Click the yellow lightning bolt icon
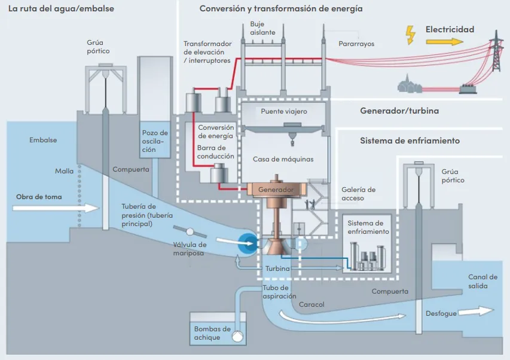pos(411,35)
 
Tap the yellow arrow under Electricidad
pos(444,42)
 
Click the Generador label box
pos(276,190)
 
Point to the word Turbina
pos(277,269)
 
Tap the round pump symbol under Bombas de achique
pos(239,337)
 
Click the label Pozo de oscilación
pos(155,141)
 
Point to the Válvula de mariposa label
pos(190,249)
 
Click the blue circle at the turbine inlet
pos(246,242)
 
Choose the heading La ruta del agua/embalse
pos(61,9)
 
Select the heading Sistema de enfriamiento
pos(410,141)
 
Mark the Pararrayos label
pos(357,44)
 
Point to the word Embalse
pos(43,140)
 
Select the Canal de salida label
pos(482,282)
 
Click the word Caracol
pos(312,305)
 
